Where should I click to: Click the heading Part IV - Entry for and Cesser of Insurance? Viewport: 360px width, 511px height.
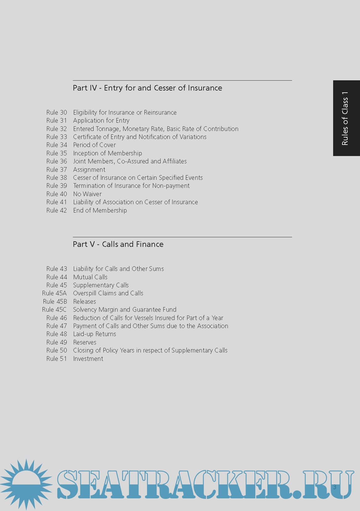tap(147, 88)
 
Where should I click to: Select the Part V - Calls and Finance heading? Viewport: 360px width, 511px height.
tap(118, 244)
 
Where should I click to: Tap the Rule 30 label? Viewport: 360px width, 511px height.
tap(57, 112)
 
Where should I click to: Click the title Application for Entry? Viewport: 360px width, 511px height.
tap(101, 120)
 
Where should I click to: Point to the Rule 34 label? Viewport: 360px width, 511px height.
tap(57, 145)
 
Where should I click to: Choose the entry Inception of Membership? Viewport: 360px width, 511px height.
tap(107, 153)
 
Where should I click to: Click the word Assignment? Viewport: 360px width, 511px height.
tap(89, 170)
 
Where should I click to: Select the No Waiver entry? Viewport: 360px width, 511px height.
tap(87, 194)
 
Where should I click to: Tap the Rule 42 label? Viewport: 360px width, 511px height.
tap(57, 210)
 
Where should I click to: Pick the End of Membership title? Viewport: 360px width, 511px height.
tap(100, 210)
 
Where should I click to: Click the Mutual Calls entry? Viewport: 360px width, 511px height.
tap(90, 277)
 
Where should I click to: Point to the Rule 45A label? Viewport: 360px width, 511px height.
tap(54, 293)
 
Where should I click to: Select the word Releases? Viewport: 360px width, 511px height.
tap(84, 302)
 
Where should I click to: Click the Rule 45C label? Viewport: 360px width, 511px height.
tap(54, 310)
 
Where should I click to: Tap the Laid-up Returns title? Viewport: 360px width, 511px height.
tap(94, 334)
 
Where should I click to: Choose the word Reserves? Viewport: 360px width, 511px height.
tap(85, 342)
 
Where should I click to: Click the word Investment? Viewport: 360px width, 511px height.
tap(88, 359)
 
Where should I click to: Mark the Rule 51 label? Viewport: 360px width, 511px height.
tap(57, 359)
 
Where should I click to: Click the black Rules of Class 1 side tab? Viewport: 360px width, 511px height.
tap(346, 118)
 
